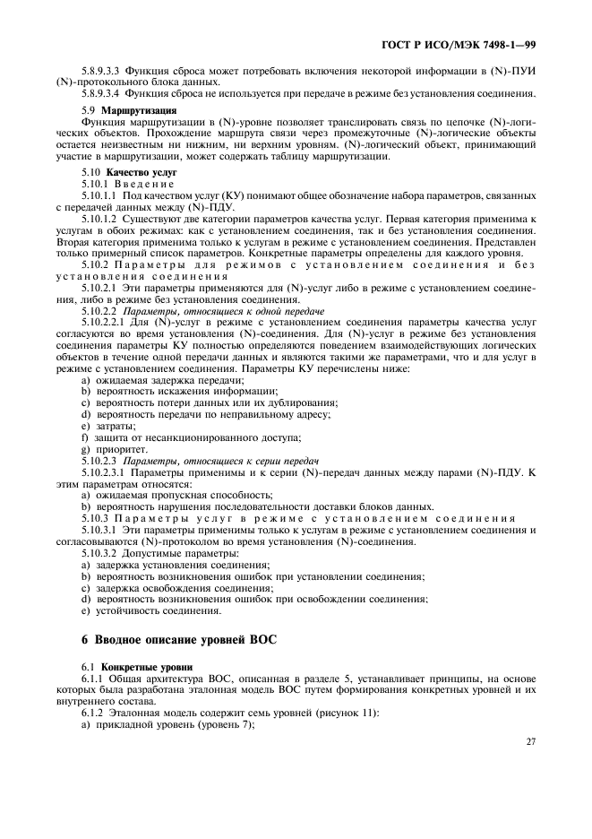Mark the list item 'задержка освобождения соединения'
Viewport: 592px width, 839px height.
click(x=175, y=588)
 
